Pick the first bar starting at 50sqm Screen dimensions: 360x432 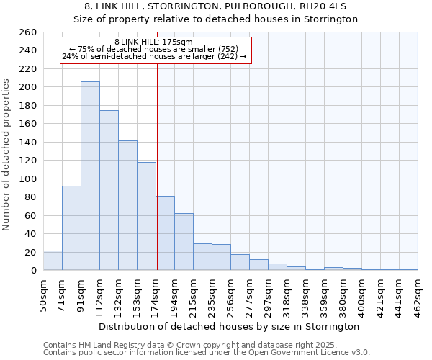point(53,261)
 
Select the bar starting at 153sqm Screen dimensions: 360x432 point(146,216)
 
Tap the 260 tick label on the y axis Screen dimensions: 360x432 point(28,32)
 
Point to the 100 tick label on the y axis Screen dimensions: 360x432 point(28,179)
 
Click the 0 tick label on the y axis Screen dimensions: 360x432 point(34,271)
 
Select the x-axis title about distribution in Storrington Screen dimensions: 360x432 point(228,326)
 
